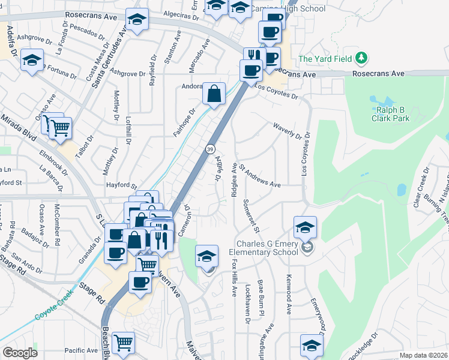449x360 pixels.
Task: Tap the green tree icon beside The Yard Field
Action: (361, 58)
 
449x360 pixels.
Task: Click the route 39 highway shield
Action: (210, 148)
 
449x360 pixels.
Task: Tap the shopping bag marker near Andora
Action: (214, 94)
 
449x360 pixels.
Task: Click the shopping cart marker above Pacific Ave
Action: (123, 343)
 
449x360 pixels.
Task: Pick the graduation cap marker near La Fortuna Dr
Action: (31, 61)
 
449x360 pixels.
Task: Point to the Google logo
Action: (20, 352)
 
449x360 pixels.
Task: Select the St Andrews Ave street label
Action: (260, 176)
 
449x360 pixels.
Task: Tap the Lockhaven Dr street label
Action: (248, 304)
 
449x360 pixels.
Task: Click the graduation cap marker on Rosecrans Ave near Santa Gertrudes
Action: (137, 20)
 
